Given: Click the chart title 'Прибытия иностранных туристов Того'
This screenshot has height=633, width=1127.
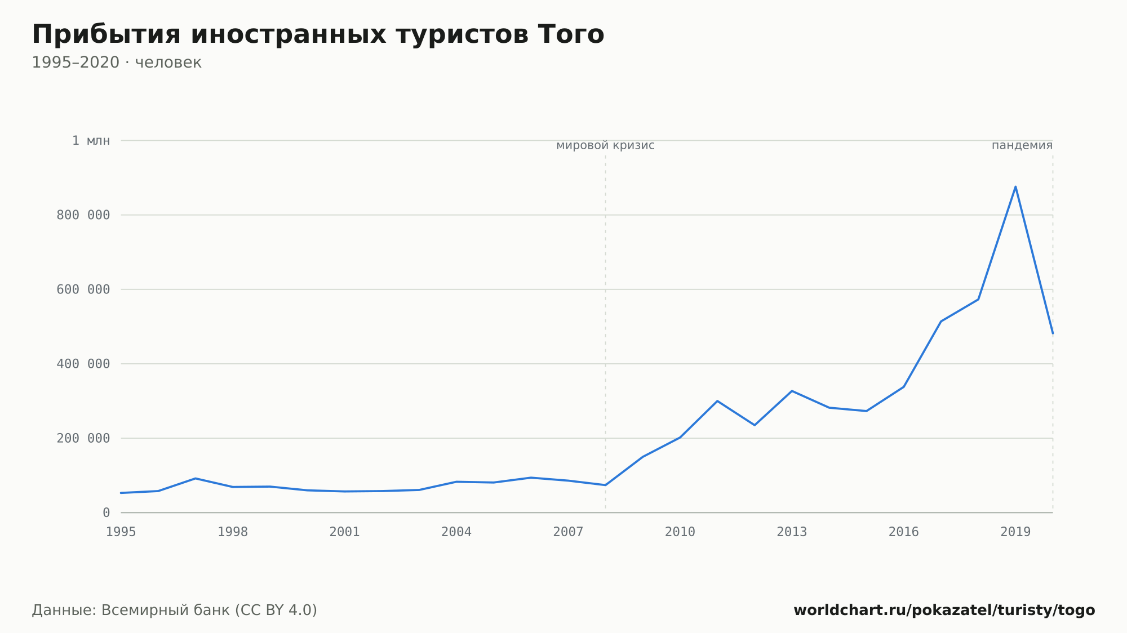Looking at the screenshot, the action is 318,34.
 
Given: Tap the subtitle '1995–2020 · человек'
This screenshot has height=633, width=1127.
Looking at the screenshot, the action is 117,63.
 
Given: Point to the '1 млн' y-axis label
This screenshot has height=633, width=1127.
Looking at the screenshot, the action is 91,141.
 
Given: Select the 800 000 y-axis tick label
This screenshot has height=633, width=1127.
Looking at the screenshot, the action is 83,215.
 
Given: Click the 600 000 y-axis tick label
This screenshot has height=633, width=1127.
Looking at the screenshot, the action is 83,289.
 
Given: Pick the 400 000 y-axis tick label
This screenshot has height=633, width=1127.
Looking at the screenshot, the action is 83,364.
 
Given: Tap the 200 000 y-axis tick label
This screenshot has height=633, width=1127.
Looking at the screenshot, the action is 83,438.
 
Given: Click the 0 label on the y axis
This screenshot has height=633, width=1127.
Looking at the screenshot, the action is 107,512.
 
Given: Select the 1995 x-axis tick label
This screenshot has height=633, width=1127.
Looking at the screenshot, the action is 121,532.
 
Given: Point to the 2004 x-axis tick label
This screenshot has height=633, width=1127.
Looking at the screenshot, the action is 456,532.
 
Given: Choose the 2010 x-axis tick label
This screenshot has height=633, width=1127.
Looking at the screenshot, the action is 680,532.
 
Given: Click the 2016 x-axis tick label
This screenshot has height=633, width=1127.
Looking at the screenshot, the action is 904,532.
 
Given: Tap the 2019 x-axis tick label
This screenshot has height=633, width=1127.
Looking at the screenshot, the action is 1015,532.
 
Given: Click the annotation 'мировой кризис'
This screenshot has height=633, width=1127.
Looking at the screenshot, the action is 605,146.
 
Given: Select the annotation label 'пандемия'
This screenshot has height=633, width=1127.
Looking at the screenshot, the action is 1022,146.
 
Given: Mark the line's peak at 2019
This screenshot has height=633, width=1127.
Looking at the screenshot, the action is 1015,186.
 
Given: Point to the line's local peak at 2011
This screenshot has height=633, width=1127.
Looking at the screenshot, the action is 717,401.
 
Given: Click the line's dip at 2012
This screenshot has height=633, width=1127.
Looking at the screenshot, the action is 755,425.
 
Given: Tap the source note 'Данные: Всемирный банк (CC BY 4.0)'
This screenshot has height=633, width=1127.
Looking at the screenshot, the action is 175,610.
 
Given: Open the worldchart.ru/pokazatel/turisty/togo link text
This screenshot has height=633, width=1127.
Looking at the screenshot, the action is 944,610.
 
